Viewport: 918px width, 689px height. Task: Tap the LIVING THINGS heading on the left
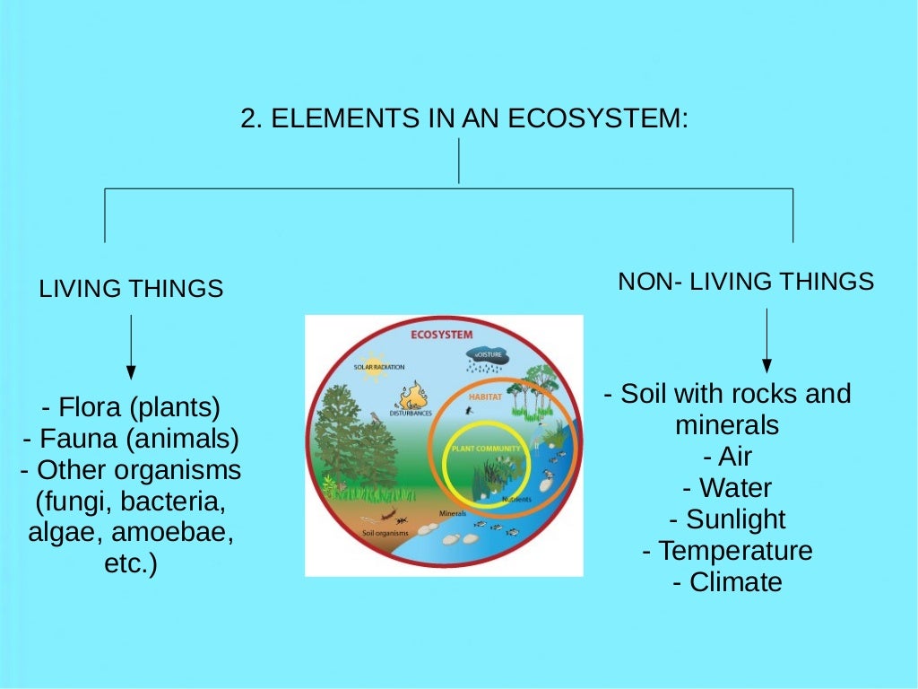coord(131,289)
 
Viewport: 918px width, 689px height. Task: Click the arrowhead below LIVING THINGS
coord(131,372)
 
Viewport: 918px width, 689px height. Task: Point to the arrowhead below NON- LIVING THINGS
coord(766,365)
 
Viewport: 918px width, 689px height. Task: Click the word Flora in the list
coord(91,407)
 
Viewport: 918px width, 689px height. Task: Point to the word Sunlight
coord(735,519)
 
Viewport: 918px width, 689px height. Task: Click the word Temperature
coord(735,550)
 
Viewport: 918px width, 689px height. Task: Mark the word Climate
coord(735,582)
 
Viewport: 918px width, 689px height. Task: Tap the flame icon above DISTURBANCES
coord(413,395)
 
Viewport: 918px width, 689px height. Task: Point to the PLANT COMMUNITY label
coord(485,448)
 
